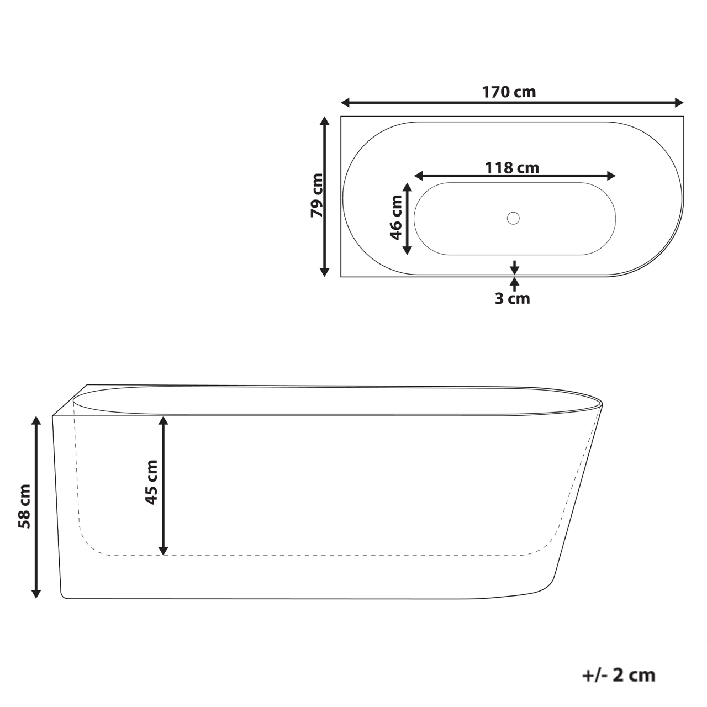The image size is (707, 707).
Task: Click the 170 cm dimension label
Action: point(509,92)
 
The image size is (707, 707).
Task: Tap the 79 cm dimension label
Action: point(316,196)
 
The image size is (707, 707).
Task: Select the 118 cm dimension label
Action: point(512,167)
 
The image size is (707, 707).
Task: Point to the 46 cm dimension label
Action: point(396,218)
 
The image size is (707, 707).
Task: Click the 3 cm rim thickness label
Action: point(512,299)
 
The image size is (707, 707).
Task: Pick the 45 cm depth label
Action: point(151,482)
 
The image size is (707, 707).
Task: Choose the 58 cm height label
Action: point(24,506)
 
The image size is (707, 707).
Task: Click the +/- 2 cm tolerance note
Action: point(619,674)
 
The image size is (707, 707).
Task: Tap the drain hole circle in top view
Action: point(513,218)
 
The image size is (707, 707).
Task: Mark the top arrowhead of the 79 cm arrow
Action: point(325,121)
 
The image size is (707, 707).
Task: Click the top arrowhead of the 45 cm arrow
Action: point(163,420)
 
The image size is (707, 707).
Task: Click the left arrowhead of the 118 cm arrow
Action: point(419,176)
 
